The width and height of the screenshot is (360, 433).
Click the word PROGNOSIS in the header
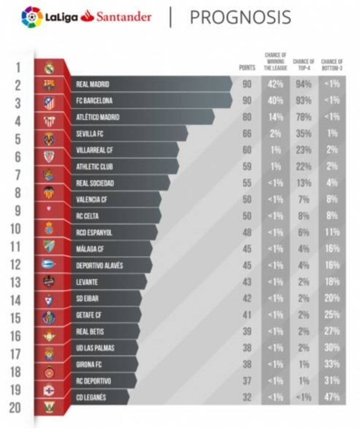[241, 17]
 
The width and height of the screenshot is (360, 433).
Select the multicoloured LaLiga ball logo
[32, 17]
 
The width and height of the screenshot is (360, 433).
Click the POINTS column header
[246, 68]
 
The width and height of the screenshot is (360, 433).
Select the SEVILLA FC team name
[90, 134]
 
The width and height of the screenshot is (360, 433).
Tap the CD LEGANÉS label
[91, 397]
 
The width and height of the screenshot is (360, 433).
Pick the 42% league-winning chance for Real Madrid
[275, 84]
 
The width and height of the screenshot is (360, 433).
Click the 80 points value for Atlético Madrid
[247, 118]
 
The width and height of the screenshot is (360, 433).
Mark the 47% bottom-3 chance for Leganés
[332, 397]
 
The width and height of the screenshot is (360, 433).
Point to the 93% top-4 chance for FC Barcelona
[303, 101]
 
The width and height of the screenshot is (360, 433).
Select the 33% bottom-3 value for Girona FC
[332, 364]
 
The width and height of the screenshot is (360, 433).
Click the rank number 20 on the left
[15, 407]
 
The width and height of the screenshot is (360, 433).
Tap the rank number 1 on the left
[18, 68]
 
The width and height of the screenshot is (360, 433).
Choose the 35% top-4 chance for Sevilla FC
[303, 134]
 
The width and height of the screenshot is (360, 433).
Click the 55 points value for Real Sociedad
[247, 183]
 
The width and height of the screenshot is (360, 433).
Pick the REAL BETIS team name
[90, 332]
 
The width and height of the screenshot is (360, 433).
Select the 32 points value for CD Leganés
[247, 397]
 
